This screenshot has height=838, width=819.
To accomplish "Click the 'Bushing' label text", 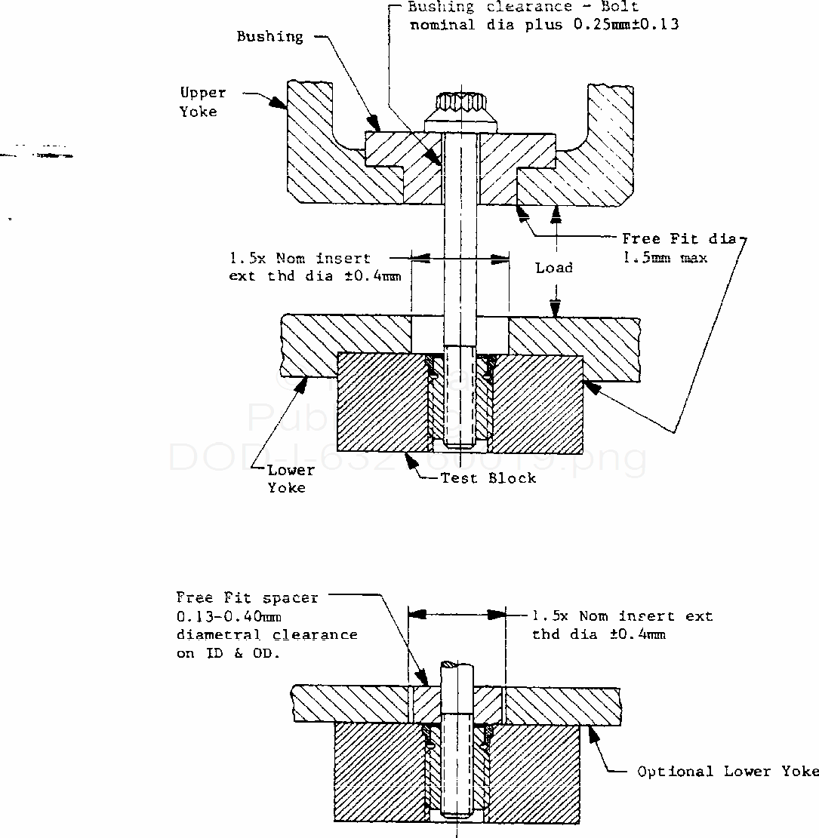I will pos(269,36).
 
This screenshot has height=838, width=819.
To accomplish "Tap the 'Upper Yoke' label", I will pos(202,102).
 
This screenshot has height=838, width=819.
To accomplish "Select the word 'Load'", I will pos(554,268).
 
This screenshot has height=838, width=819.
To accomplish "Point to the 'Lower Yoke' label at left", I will pos(291,478).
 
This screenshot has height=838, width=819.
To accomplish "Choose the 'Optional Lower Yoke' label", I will pos(728,771).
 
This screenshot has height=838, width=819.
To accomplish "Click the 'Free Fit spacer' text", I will pos(247,597).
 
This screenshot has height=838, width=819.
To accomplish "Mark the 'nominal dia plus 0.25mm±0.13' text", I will pos(543,24).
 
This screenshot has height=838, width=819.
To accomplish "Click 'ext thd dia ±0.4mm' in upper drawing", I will pos(315,276).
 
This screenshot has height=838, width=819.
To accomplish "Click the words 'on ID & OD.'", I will pos(228,653).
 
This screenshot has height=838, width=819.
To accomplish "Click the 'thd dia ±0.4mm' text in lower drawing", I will pos(599,634).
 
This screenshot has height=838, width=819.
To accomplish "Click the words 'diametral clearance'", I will pos(266,634).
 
